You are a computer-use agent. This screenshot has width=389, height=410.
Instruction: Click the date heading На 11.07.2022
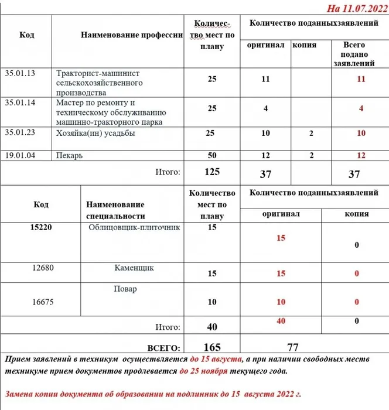tap(357, 9)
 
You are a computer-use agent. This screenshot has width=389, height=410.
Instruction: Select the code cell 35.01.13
tap(20, 73)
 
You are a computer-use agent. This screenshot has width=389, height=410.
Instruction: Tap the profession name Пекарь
tap(69, 156)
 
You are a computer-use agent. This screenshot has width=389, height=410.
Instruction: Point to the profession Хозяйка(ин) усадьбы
tap(96, 133)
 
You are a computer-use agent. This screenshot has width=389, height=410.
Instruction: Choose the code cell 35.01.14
tap(20, 102)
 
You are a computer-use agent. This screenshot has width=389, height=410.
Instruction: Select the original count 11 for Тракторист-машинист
tap(265, 78)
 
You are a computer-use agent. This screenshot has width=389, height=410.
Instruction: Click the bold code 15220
tap(41, 227)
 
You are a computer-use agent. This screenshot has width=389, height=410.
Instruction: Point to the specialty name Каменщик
tap(134, 268)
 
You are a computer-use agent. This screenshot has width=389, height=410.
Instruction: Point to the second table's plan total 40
tap(211, 327)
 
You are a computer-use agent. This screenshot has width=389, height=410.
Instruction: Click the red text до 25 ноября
tap(204, 371)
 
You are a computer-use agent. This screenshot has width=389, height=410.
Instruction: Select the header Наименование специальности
tap(115, 210)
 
